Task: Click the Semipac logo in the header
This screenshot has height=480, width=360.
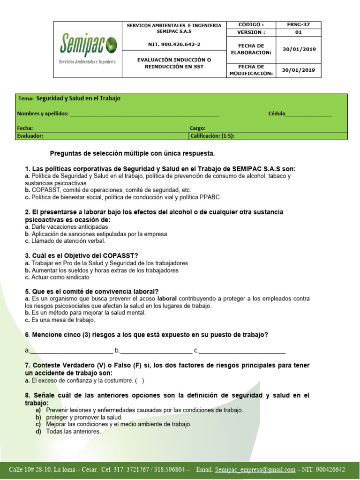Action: pos(87,49)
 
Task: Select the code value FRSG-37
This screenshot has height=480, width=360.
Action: pos(298,25)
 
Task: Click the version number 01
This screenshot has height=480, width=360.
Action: pos(298,32)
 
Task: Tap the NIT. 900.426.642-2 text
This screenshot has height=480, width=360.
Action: pos(174,44)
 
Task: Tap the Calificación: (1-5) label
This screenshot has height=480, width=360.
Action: pos(212,135)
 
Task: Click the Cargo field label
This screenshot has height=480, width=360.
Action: pos(197,128)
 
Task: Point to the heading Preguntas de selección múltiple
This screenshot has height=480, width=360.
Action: pos(132,153)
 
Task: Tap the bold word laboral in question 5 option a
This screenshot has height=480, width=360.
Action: pos(167,298)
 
